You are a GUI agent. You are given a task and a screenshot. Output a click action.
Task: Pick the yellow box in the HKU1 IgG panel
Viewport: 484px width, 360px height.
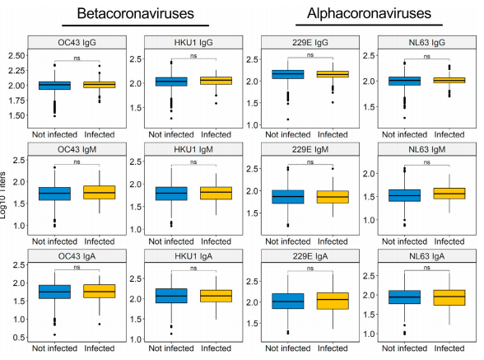[x=216, y=81]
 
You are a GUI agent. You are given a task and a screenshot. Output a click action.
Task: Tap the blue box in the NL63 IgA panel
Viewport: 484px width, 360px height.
[x=404, y=297]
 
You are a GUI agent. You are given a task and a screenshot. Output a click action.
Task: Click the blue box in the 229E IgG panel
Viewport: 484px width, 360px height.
[x=287, y=75]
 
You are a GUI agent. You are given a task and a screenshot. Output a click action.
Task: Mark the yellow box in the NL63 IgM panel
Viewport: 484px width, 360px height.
[x=449, y=193]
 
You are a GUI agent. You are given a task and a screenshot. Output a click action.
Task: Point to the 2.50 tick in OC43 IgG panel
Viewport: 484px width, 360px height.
[x=15, y=54]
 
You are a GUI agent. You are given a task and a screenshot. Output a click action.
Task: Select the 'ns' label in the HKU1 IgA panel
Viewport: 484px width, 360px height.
[x=193, y=268]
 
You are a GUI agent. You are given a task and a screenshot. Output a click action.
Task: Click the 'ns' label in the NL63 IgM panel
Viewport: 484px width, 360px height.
[x=427, y=161]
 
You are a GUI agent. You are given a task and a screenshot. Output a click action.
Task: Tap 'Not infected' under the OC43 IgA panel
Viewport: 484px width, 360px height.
[x=54, y=348]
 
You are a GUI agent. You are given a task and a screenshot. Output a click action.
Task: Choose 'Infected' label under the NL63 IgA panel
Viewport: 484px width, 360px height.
[x=449, y=348]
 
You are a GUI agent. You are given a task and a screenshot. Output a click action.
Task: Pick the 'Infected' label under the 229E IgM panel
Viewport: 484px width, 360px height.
[x=333, y=241]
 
